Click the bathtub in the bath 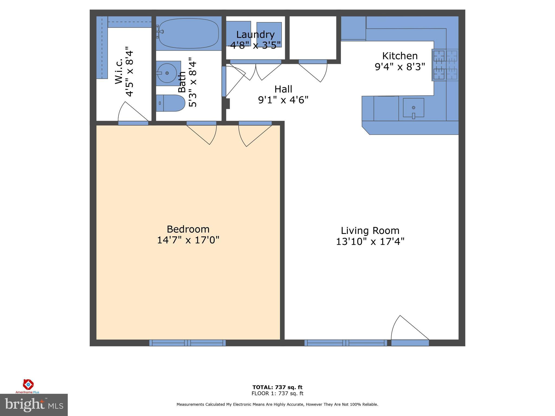click(x=189, y=33)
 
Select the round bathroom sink click(x=167, y=73)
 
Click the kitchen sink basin click(x=414, y=108)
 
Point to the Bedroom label click(x=188, y=229)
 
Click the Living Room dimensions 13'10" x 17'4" click(x=370, y=241)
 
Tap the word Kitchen click(x=400, y=56)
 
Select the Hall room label click(x=283, y=89)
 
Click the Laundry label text click(x=255, y=35)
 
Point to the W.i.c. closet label click(x=119, y=71)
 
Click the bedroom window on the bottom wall click(x=188, y=343)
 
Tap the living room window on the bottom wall click(x=346, y=343)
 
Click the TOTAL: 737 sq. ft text click(x=277, y=387)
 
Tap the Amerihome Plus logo click(x=28, y=386)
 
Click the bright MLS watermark click(x=34, y=405)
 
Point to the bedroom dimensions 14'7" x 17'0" click(x=188, y=240)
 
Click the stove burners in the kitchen click(x=445, y=65)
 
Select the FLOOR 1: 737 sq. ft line click(x=277, y=394)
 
